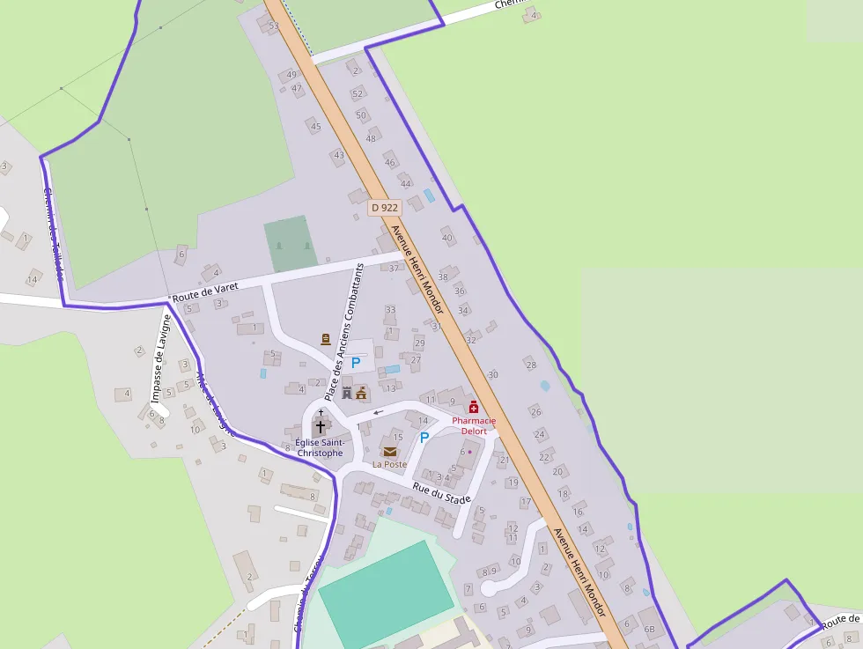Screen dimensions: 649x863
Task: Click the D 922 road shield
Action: click(x=385, y=208)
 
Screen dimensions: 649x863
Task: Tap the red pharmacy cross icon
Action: click(x=474, y=407)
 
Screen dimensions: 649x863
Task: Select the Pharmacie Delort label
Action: click(x=474, y=426)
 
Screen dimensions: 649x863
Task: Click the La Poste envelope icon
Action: click(x=389, y=452)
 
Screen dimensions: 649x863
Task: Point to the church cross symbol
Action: click(x=321, y=425)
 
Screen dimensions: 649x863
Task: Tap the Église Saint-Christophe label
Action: click(x=319, y=447)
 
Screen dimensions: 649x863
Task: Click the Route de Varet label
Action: click(x=205, y=292)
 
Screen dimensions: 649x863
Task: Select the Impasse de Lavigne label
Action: click(x=159, y=371)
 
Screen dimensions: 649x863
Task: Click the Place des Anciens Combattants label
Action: click(x=344, y=333)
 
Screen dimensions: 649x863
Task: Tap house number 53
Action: click(x=274, y=26)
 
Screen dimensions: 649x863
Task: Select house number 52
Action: click(x=358, y=93)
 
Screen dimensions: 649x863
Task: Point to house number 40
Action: click(x=447, y=238)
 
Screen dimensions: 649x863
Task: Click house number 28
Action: click(x=530, y=365)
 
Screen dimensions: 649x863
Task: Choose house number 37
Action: click(x=394, y=268)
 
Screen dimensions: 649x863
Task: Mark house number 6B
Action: click(x=650, y=629)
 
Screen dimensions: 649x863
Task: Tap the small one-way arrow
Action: click(x=379, y=411)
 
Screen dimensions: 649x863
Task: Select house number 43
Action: click(x=339, y=155)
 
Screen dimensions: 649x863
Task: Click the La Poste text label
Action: click(x=389, y=464)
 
